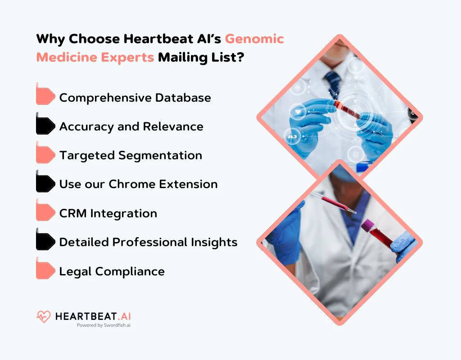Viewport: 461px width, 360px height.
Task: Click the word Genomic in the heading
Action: pos(254,39)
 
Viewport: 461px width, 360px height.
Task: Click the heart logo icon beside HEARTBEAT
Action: pos(44,317)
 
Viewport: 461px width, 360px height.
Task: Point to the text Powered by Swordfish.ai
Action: pos(103,325)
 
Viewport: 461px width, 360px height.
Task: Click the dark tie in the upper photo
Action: pos(334,83)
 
